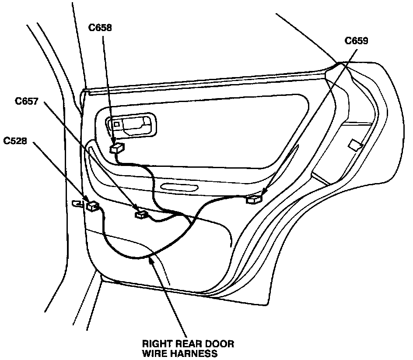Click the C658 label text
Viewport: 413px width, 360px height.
pyautogui.click(x=100, y=28)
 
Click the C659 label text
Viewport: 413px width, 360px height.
pyautogui.click(x=356, y=41)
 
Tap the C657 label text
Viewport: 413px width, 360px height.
pyautogui.click(x=27, y=101)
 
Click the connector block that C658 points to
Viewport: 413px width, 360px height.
pyautogui.click(x=117, y=148)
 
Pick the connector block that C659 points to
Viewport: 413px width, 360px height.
pyautogui.click(x=255, y=199)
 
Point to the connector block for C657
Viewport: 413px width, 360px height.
pyautogui.click(x=141, y=214)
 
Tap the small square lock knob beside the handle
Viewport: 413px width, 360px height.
pyautogui.click(x=116, y=124)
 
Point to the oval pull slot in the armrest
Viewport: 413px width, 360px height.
pyautogui.click(x=179, y=188)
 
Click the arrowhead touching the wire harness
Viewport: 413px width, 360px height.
pyautogui.click(x=151, y=261)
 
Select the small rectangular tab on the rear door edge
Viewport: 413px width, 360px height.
pyautogui.click(x=355, y=145)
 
